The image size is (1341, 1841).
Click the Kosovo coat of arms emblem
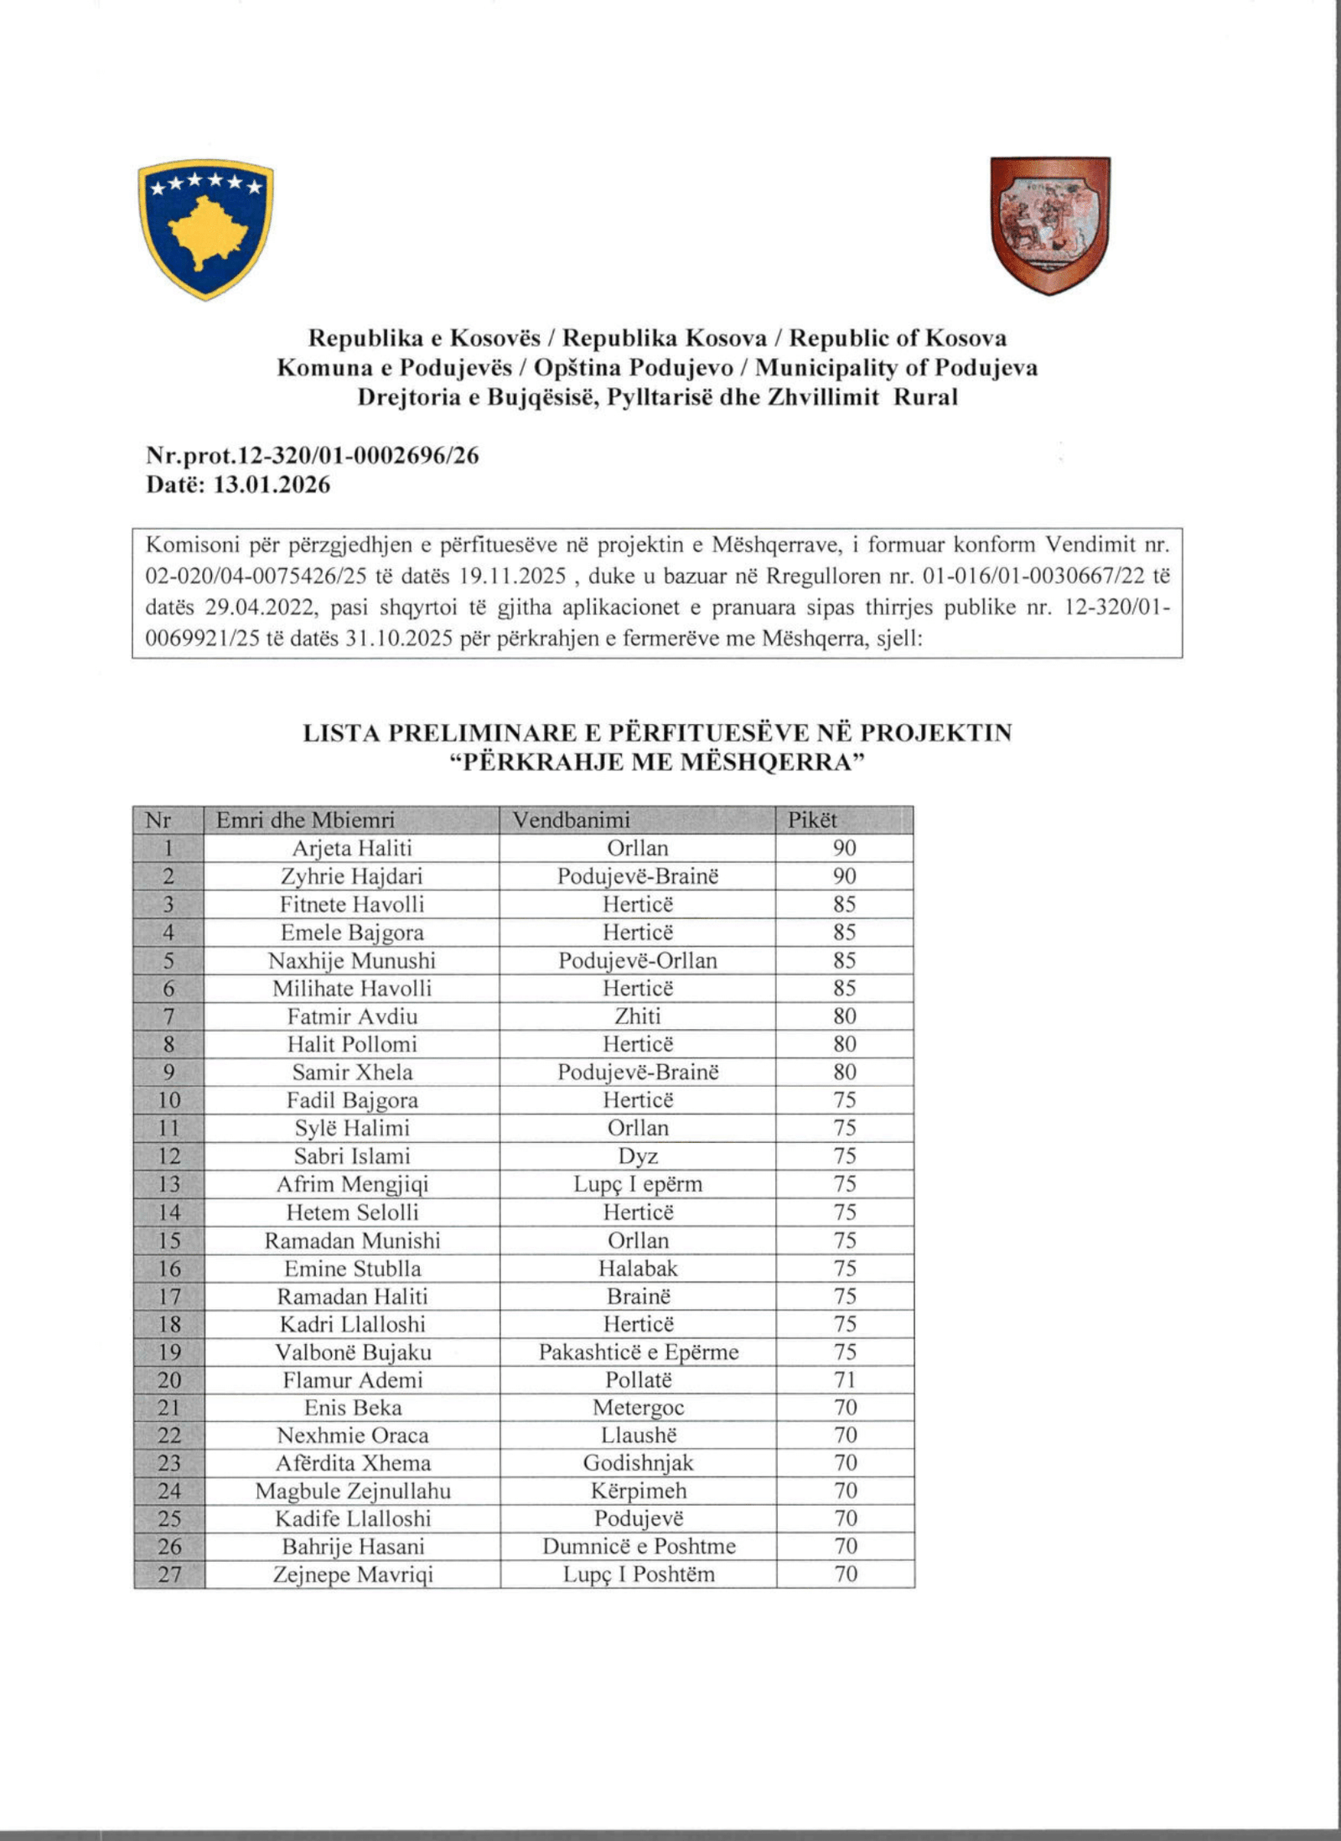[205, 229]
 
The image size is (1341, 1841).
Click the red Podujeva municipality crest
[1049, 225]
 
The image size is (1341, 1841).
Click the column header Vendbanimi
[571, 820]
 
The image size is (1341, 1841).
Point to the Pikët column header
[811, 820]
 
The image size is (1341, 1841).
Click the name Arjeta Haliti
[351, 848]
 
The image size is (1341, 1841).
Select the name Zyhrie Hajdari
[351, 877]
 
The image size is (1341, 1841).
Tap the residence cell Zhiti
[637, 1016]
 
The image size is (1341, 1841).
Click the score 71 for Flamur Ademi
[844, 1380]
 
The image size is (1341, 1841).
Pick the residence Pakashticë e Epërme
[638, 1352]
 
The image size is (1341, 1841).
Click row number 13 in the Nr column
[168, 1184]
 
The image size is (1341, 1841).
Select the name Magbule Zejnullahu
[352, 1492]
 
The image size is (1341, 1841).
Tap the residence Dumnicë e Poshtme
[638, 1546]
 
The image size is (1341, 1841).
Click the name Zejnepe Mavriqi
[352, 1575]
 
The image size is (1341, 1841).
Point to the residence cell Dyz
[637, 1156]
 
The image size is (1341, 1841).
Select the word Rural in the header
[924, 397]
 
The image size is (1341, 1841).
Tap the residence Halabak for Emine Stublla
[637, 1268]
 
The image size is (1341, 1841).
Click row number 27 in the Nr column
[168, 1575]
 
